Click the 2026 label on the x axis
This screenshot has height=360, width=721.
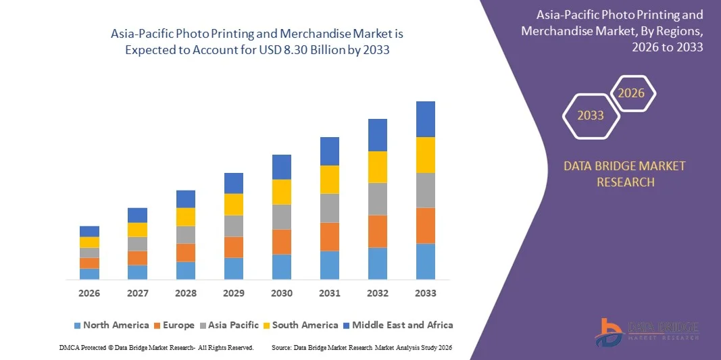(89, 293)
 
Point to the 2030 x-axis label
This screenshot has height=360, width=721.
(282, 293)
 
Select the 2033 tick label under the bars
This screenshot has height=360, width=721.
(426, 293)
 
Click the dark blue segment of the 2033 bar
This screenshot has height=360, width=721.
(426, 119)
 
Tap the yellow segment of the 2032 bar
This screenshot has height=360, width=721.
(378, 167)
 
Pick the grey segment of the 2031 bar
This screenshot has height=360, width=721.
(330, 208)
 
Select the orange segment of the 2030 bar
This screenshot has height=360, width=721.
(282, 242)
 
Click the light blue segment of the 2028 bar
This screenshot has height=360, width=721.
(186, 270)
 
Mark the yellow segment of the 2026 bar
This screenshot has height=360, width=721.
(89, 242)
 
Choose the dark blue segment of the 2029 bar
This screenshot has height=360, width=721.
(234, 183)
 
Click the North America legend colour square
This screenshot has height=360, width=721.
(77, 326)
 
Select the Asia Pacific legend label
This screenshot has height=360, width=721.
(233, 325)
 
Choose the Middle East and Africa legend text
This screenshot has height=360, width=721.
(402, 325)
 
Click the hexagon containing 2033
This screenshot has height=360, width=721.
(591, 115)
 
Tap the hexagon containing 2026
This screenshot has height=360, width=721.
(632, 93)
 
